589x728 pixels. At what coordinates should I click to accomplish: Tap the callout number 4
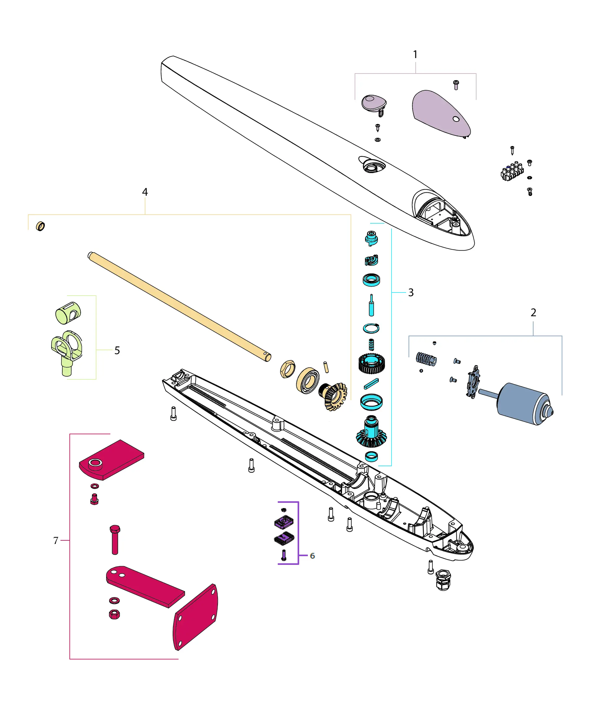(145, 192)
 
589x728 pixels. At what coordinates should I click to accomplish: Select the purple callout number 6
(312, 556)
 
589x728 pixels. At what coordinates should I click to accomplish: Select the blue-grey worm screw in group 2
(426, 359)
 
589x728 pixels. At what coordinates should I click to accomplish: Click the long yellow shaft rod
(179, 307)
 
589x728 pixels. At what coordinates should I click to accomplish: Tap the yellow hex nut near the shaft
(288, 369)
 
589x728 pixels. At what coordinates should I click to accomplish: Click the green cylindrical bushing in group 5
(68, 313)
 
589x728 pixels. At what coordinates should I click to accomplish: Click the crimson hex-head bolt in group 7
(115, 539)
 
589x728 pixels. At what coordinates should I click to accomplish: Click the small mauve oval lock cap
(373, 102)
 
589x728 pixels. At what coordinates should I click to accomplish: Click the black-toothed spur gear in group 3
(371, 363)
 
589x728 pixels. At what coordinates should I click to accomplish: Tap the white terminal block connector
(511, 172)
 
